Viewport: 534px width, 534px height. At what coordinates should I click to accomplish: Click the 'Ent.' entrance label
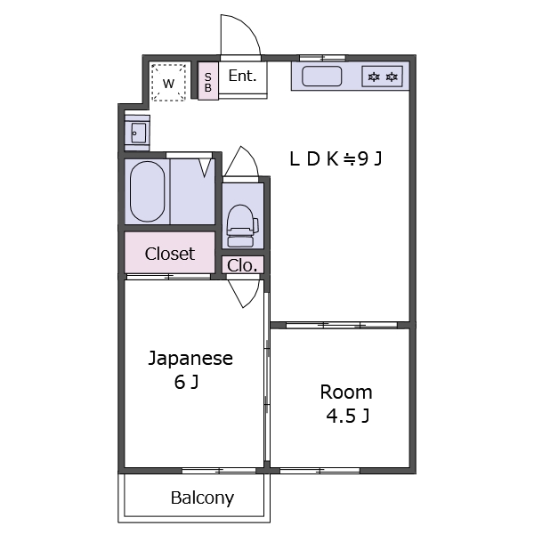click(242, 77)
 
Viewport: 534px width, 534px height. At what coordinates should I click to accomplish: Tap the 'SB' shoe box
click(208, 81)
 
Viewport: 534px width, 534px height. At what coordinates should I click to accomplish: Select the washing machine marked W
click(168, 82)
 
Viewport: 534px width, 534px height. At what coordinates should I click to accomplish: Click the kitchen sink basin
click(322, 77)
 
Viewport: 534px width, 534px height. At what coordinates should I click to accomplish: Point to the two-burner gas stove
click(383, 77)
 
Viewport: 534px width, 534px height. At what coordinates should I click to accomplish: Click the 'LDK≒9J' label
click(336, 159)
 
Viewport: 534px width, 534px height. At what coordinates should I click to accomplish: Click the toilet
click(241, 224)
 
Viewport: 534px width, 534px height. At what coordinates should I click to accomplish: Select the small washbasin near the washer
click(136, 133)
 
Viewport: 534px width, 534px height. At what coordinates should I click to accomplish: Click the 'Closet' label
click(169, 254)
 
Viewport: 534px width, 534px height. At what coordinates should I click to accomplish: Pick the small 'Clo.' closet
click(242, 265)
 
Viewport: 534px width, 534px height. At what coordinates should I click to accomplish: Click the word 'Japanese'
click(190, 359)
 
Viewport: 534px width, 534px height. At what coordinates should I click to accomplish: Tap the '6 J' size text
click(186, 383)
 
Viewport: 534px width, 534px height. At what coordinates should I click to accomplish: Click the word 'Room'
click(346, 392)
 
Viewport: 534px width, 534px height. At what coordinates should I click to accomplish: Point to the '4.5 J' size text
click(346, 416)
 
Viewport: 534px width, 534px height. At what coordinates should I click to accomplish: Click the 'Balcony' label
click(202, 498)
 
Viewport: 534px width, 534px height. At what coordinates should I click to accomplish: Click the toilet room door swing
click(241, 162)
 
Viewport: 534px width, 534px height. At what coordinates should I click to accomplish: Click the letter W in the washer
click(168, 83)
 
